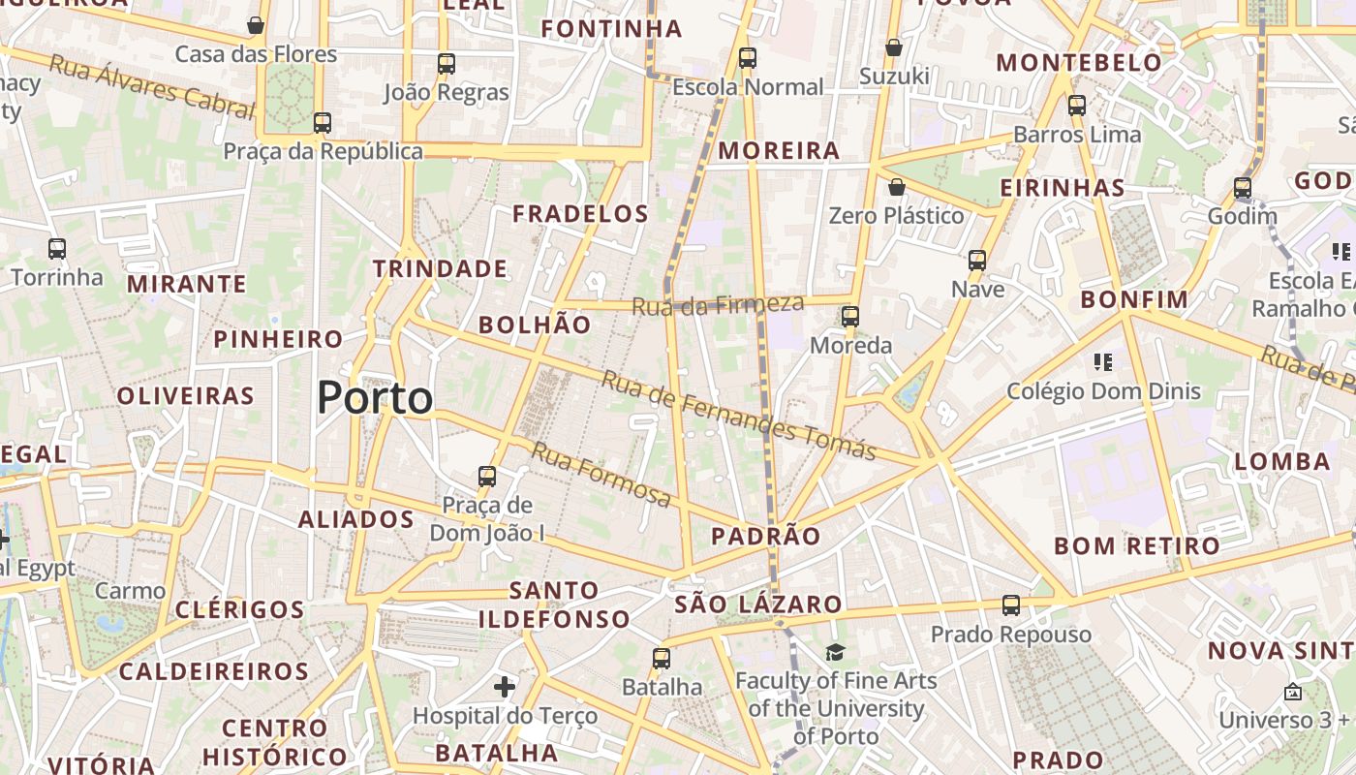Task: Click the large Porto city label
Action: click(x=375, y=397)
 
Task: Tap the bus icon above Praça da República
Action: click(x=323, y=123)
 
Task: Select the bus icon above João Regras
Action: click(x=447, y=64)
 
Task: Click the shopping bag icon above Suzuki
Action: click(x=894, y=47)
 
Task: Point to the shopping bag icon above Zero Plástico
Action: click(x=897, y=187)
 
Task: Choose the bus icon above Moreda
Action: click(x=850, y=317)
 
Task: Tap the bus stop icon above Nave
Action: click(x=977, y=261)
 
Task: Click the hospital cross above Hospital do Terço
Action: click(x=505, y=687)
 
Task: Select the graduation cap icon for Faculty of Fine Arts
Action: click(x=835, y=653)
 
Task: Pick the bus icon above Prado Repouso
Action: click(x=1011, y=605)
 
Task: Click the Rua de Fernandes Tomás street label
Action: click(x=738, y=415)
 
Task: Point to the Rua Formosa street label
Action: click(x=601, y=474)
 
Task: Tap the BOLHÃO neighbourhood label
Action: click(x=535, y=325)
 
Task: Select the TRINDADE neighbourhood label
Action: click(x=440, y=268)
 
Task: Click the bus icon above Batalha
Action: click(x=662, y=659)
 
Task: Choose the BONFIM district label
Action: click(x=1134, y=299)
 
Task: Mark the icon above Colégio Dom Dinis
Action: click(x=1102, y=362)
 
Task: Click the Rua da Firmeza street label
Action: click(x=718, y=304)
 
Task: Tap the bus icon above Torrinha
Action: click(x=57, y=249)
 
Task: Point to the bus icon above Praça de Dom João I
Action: click(x=487, y=477)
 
